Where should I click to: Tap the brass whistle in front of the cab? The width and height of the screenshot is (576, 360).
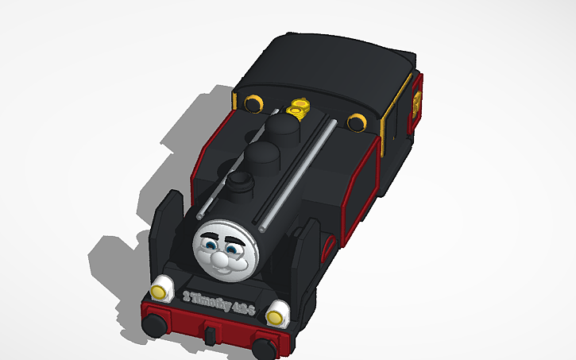(x=300, y=106)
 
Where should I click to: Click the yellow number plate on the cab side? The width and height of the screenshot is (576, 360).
(x=416, y=103)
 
